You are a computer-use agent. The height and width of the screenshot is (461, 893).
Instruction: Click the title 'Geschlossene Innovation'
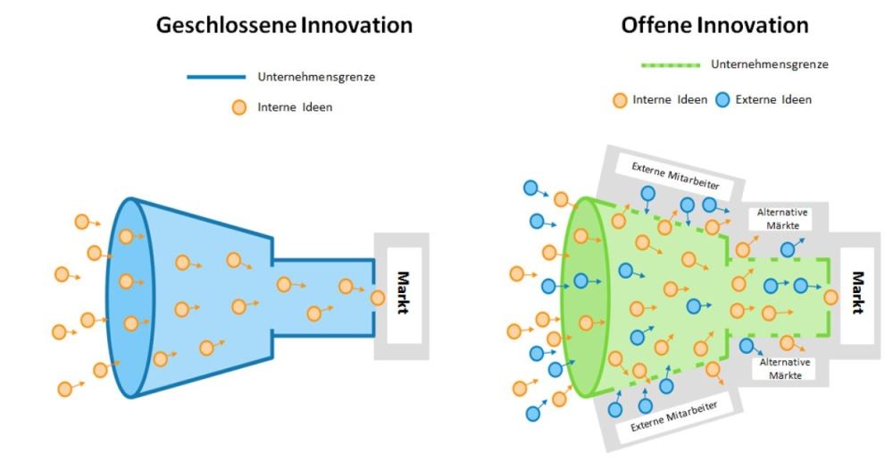[284, 25]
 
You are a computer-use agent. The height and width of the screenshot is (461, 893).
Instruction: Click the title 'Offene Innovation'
[714, 25]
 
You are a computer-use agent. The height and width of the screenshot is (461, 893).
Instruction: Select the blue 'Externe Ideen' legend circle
[723, 99]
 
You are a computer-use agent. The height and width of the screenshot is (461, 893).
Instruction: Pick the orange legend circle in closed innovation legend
[238, 108]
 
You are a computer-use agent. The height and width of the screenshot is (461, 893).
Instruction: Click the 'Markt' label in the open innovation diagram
[858, 292]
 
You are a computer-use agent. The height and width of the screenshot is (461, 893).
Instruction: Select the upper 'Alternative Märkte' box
[783, 218]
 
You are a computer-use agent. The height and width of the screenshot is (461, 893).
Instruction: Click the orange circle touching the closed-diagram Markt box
[378, 298]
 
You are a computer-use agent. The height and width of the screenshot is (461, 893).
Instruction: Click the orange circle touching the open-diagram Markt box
[831, 297]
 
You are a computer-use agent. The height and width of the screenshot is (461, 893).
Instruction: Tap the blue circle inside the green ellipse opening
[580, 281]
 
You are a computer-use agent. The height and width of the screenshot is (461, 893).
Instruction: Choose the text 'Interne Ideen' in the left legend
[294, 108]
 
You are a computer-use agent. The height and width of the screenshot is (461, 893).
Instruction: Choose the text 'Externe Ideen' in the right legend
[773, 99]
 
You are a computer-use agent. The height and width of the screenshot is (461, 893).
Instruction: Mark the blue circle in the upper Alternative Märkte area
[788, 250]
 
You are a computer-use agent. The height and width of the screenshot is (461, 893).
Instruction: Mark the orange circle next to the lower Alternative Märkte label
[788, 342]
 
